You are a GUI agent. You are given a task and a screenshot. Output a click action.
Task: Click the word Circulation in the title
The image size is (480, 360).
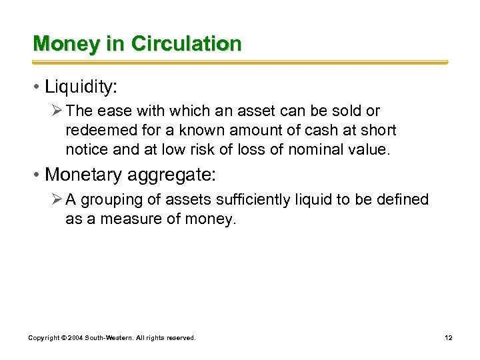(x=186, y=44)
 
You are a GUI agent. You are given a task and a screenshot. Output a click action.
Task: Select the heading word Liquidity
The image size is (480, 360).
(x=79, y=87)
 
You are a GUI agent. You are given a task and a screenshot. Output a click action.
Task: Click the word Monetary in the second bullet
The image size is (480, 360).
(x=85, y=175)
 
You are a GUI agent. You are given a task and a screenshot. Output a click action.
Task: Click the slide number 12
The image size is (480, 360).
(x=449, y=338)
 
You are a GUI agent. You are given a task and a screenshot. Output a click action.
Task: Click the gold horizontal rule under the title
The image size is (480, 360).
(x=240, y=62)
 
